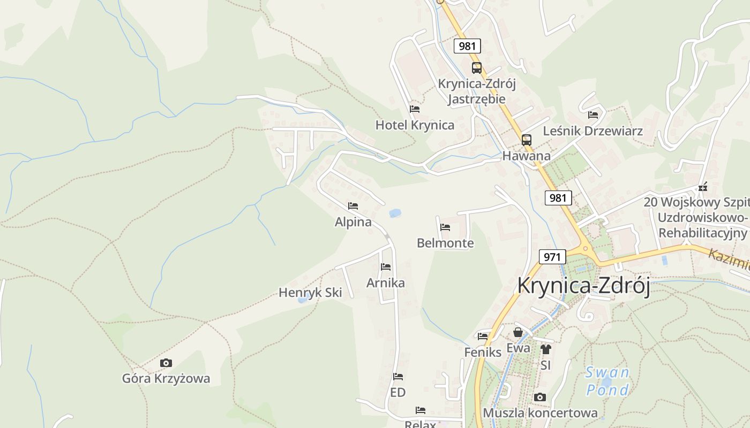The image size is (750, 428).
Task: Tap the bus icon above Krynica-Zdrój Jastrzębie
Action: tap(476, 68)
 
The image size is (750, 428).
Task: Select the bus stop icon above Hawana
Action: tap(527, 140)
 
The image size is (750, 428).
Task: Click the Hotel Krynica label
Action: tap(415, 125)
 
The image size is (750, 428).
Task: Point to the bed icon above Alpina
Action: tap(352, 205)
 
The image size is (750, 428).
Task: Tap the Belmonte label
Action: tap(445, 243)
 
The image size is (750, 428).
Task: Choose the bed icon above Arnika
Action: tap(386, 266)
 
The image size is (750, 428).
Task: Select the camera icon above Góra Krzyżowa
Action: tap(166, 363)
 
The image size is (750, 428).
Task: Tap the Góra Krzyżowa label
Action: tap(166, 379)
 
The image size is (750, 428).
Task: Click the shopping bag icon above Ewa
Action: tap(518, 332)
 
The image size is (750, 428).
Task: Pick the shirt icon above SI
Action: tap(545, 349)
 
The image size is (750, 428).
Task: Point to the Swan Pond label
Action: tap(607, 381)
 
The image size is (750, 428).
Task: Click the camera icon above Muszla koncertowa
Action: tap(540, 397)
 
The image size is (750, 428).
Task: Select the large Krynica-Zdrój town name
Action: tap(583, 286)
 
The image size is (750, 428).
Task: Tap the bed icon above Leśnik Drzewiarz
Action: tap(593, 114)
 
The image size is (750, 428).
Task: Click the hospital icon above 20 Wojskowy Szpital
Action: tap(702, 187)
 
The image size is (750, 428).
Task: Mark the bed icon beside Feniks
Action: tap(483, 336)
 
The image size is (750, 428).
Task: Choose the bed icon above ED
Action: tap(397, 377)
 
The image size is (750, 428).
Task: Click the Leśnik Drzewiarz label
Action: tap(592, 131)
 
